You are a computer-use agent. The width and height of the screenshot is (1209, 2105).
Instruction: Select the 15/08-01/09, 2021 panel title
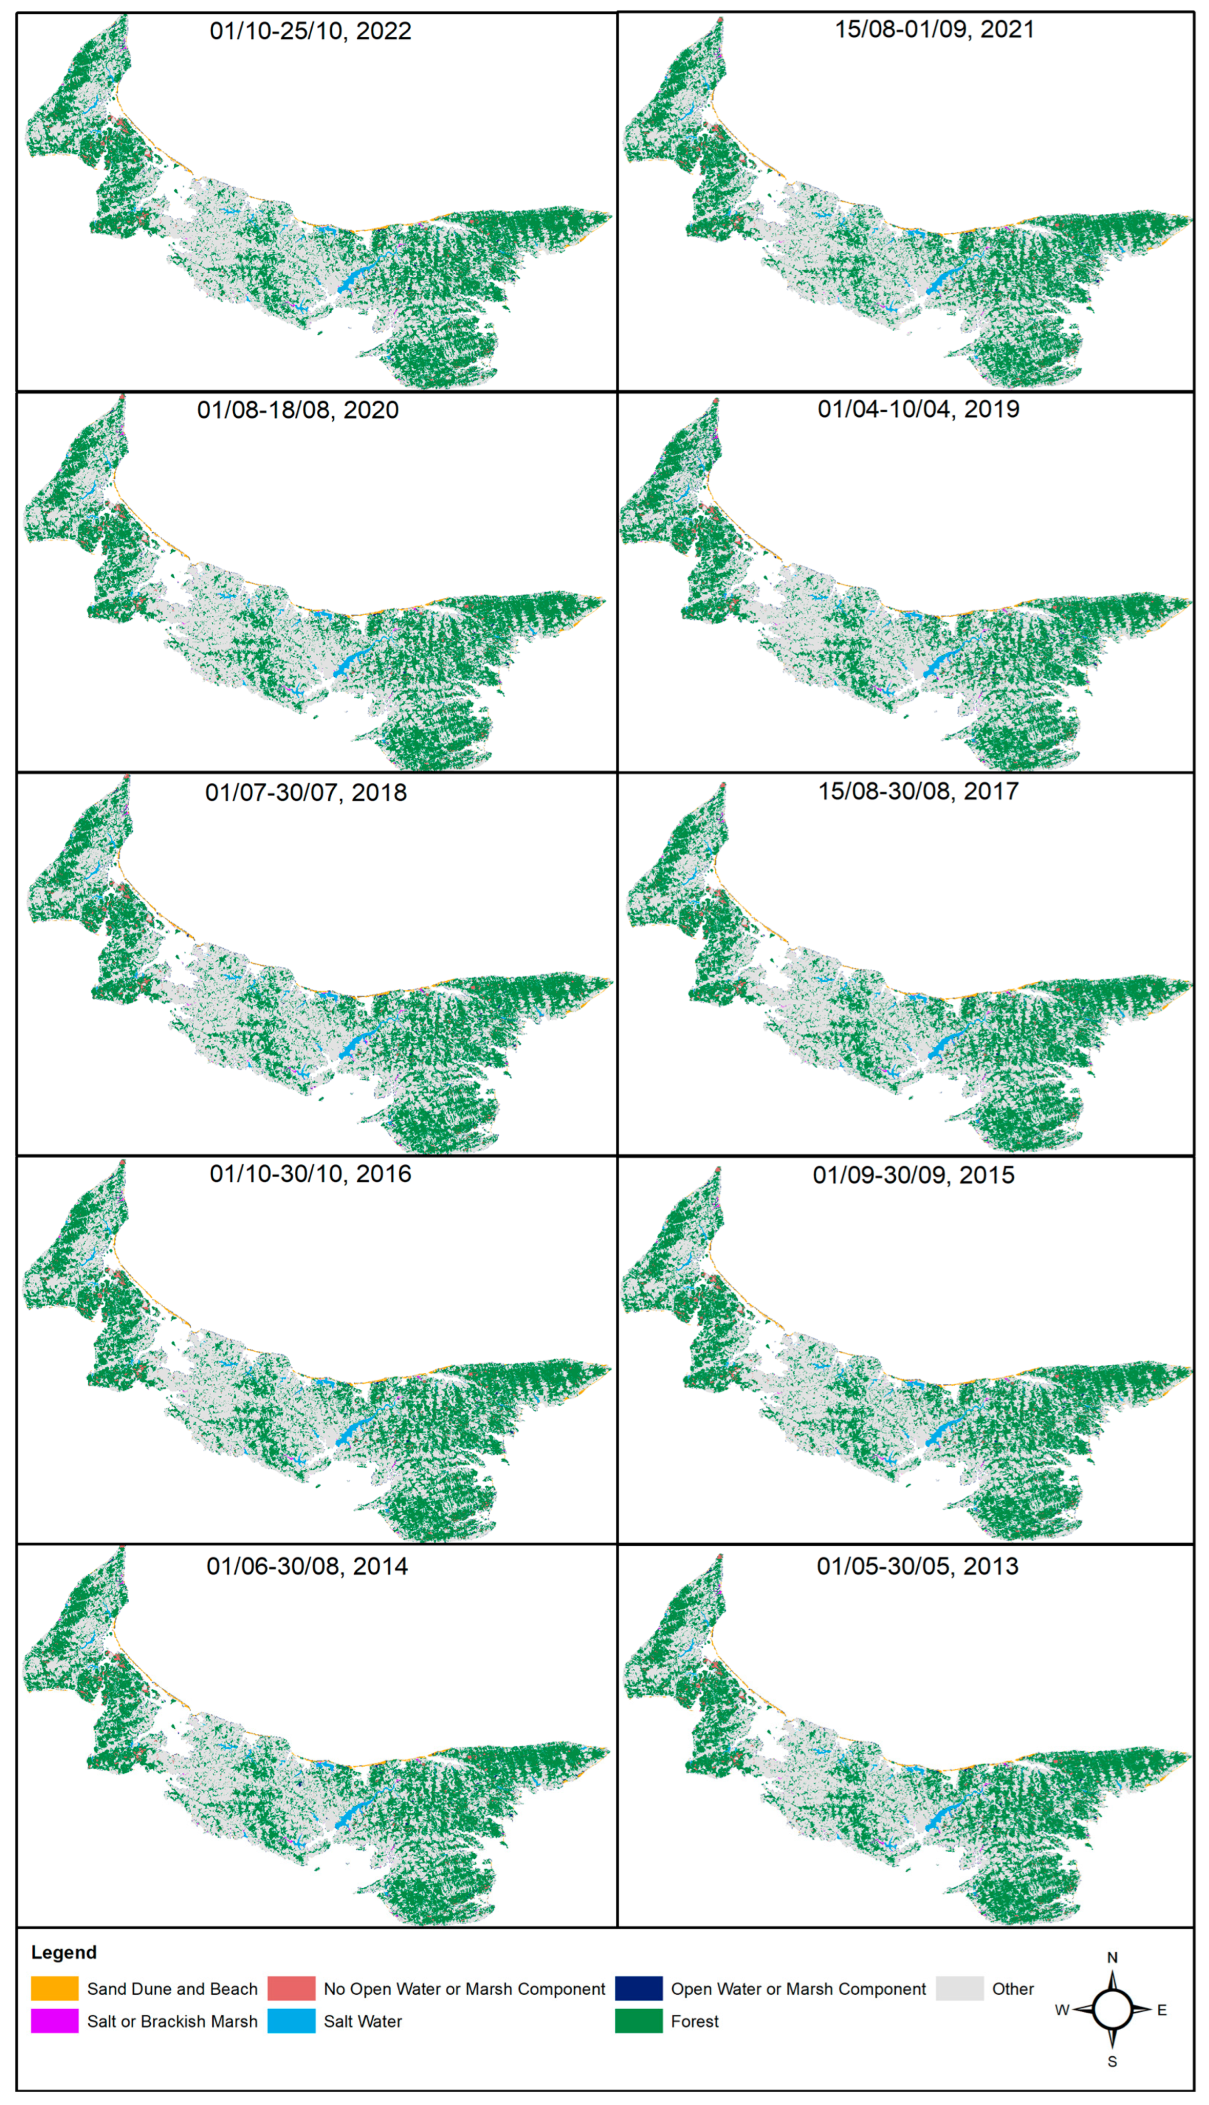[934, 30]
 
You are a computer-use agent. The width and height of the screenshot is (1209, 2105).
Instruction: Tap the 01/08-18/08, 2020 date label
[297, 410]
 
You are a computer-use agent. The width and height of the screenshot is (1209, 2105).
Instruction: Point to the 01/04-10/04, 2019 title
[918, 409]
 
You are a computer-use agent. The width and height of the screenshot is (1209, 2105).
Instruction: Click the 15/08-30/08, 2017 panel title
[918, 791]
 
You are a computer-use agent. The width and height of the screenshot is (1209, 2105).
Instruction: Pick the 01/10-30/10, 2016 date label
[310, 1173]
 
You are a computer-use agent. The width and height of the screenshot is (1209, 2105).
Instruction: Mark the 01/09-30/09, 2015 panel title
[913, 1176]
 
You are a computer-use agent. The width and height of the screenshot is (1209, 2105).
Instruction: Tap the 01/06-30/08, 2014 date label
[307, 1566]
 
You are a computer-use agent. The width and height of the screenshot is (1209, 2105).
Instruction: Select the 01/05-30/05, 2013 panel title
[918, 1566]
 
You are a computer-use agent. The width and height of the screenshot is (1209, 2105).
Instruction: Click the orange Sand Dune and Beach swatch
[55, 1989]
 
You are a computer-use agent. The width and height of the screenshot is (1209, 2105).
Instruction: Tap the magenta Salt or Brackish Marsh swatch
[55, 2021]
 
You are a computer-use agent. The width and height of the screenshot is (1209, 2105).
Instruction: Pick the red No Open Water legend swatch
[291, 1989]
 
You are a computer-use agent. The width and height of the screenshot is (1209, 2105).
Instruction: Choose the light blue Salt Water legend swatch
[291, 2021]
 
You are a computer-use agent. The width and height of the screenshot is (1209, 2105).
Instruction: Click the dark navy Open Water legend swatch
[638, 1989]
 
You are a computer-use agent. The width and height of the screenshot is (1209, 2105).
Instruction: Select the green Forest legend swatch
[638, 2021]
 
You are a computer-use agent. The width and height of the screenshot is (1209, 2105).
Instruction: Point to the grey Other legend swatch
[959, 1989]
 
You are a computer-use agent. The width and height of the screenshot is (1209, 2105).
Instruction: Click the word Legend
[64, 1952]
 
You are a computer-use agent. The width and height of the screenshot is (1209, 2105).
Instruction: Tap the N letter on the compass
[1113, 1957]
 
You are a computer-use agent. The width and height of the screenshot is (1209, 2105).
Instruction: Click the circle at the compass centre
[1113, 2010]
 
